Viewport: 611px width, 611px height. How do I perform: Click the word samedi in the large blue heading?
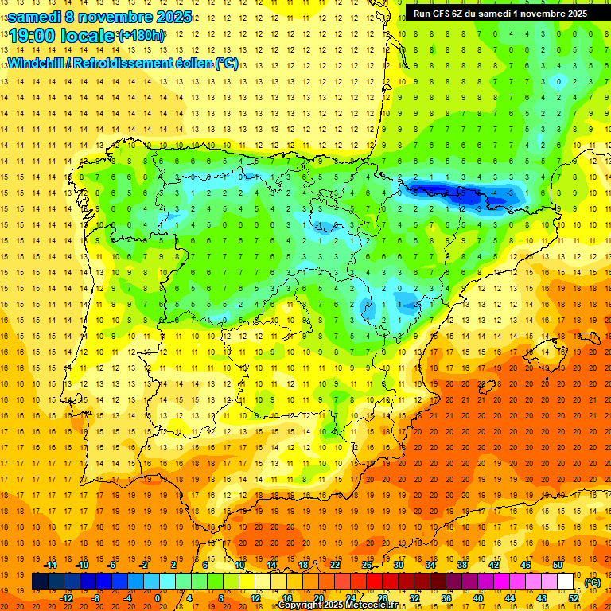click(35, 17)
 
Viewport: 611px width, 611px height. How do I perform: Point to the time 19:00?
click(33, 36)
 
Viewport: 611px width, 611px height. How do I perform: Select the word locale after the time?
click(87, 36)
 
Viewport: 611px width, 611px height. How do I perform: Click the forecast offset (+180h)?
click(142, 36)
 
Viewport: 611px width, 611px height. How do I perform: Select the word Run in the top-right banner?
click(422, 13)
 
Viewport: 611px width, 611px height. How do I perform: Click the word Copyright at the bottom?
click(301, 605)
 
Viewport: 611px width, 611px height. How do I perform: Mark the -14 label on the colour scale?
click(51, 565)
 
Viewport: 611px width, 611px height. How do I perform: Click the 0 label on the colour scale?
click(158, 598)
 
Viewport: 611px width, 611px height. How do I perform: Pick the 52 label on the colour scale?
click(574, 598)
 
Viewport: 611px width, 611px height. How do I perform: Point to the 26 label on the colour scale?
click(367, 565)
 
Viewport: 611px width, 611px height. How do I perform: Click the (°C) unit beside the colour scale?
click(593, 582)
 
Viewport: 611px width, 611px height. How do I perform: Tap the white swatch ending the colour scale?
click(566, 582)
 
